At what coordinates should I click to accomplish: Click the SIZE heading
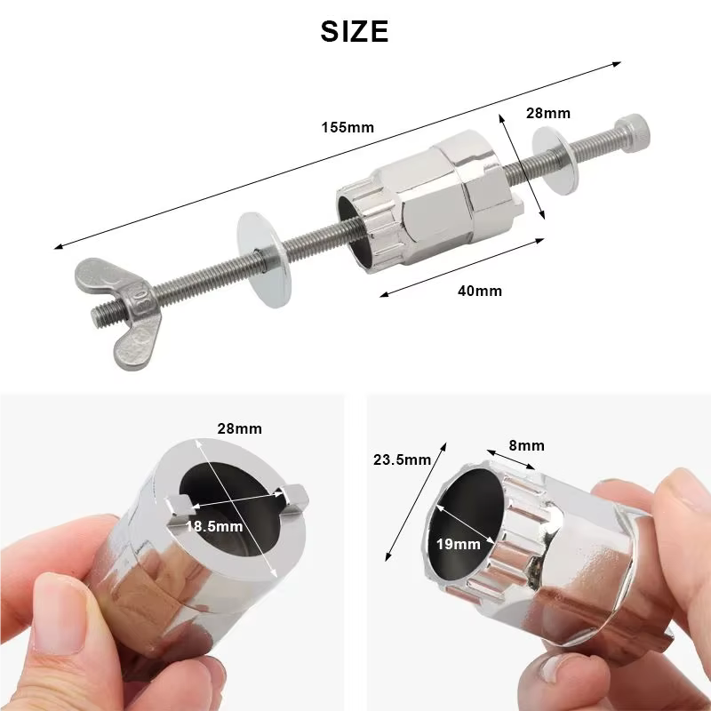click(x=354, y=31)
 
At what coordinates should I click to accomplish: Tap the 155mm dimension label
click(x=348, y=127)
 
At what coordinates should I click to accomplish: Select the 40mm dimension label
click(x=480, y=291)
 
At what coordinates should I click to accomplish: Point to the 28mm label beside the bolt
click(x=548, y=113)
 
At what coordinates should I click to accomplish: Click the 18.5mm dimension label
click(x=214, y=526)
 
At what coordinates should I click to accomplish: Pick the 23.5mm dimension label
click(x=403, y=459)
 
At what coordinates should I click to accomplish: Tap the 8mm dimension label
click(x=526, y=446)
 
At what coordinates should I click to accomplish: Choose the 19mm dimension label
click(x=459, y=544)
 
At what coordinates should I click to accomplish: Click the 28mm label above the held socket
click(x=239, y=428)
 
